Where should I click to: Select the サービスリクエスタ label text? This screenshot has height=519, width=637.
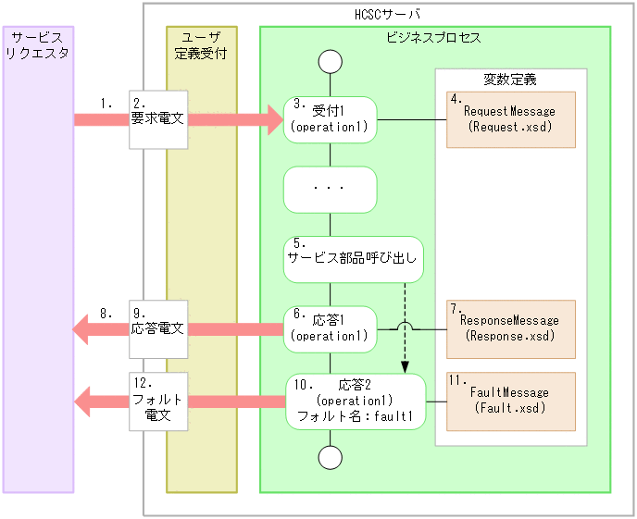coord(37,45)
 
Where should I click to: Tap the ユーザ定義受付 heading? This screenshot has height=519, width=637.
coord(201,45)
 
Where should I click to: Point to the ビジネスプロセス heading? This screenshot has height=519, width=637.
coord(433,38)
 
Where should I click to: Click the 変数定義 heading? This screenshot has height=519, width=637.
coord(509,80)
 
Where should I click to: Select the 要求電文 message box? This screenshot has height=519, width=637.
coord(158,119)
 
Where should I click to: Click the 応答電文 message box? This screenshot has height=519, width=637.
coord(158,328)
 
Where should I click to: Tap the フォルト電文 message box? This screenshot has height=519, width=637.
coord(158,401)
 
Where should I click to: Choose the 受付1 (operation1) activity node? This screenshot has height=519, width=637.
coord(331,119)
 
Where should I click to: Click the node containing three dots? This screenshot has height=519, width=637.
coord(331,189)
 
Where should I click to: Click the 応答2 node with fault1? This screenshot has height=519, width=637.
coord(356,401)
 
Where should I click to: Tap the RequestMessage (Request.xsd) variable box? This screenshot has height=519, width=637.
coord(510,119)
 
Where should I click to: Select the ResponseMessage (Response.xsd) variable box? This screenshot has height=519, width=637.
coord(510,328)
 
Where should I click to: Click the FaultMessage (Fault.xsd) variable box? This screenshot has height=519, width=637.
coord(510,401)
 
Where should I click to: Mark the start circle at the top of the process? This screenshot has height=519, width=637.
coord(331,62)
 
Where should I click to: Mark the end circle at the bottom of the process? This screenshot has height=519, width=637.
coord(331,457)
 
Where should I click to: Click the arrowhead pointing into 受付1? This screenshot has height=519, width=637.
coord(273,119)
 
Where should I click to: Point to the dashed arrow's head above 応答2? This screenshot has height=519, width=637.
coord(406,367)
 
